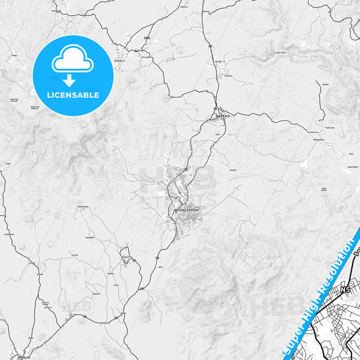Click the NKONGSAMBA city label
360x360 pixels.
coord(187,210)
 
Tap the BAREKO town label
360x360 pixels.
coord(223,116)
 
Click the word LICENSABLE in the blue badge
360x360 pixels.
coord(73,95)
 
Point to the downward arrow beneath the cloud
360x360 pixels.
coord(69,80)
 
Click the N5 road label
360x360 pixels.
coord(346,290)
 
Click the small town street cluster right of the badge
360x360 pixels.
coord(124,53)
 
